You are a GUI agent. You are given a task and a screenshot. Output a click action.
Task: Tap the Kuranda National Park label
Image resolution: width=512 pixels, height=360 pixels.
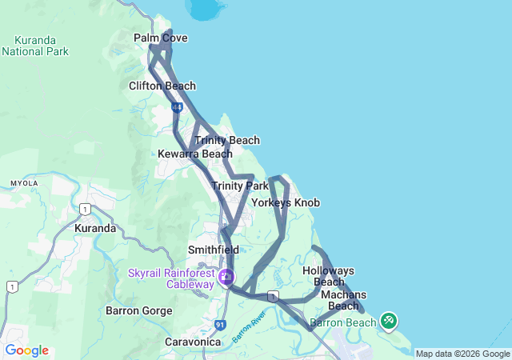click(x=35, y=45)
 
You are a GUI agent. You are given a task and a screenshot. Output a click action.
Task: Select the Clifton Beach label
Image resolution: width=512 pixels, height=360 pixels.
click(x=162, y=86)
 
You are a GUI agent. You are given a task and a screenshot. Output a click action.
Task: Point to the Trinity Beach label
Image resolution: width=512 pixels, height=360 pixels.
click(x=227, y=140)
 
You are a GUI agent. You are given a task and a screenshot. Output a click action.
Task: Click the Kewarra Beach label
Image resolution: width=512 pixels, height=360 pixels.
click(x=195, y=154)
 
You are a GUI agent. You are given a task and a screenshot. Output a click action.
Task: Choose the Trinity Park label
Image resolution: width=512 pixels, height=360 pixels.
click(x=240, y=186)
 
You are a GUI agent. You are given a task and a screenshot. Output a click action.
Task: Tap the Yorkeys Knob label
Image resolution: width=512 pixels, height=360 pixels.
click(x=286, y=202)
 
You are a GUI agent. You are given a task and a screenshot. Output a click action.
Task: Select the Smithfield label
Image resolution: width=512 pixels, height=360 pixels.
click(x=214, y=250)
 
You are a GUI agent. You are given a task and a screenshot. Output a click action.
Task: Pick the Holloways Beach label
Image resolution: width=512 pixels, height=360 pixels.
click(x=328, y=276)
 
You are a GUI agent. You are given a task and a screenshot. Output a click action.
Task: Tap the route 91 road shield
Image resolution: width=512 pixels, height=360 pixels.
click(x=220, y=324)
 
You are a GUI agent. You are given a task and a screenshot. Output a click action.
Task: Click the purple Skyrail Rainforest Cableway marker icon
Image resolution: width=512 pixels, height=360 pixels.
click(x=227, y=278)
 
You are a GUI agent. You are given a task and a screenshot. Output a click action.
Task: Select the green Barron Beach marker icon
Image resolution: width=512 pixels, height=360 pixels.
click(x=388, y=321)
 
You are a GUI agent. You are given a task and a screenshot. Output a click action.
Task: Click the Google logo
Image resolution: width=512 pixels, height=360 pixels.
click(x=26, y=350)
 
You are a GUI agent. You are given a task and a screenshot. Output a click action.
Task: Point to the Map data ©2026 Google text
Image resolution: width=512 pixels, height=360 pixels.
click(x=462, y=354)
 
